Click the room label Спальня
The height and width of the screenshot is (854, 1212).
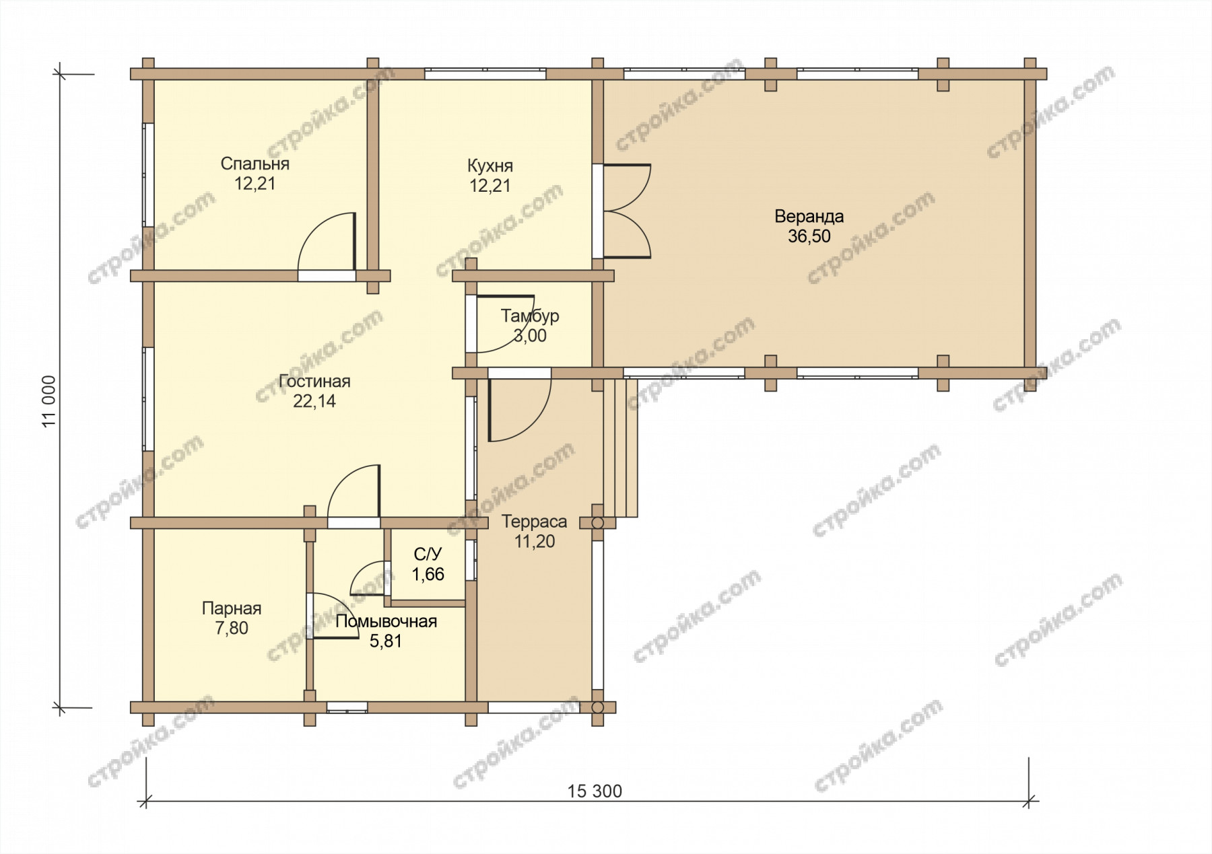(255, 164)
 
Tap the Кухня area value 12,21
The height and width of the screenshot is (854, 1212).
(490, 186)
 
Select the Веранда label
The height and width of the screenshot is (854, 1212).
(809, 217)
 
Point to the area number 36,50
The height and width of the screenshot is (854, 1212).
(809, 236)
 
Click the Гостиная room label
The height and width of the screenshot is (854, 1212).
(314, 381)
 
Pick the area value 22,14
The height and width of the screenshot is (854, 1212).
(314, 401)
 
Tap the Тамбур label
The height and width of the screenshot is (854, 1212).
(530, 316)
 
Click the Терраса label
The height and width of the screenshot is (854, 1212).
(535, 522)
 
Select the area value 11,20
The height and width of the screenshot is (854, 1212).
(535, 541)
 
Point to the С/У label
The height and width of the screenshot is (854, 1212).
(428, 555)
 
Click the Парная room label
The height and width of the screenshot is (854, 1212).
(232, 608)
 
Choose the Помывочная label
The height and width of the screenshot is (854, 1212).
(386, 621)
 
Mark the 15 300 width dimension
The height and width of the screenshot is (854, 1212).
(595, 791)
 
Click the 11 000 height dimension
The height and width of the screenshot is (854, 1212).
(49, 401)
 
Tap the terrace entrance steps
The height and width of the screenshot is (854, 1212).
(620, 448)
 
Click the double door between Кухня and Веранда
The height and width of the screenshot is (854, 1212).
(627, 211)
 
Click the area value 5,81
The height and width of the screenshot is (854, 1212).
(386, 641)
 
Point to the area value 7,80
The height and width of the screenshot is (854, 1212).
(232, 628)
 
